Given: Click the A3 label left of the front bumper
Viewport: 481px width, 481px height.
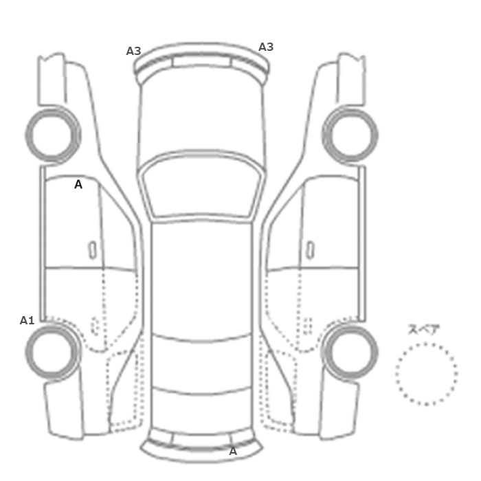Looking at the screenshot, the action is (133, 51).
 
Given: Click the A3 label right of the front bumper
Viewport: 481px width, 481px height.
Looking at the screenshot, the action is (266, 47).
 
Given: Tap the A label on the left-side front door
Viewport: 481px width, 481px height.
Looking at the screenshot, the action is (78, 184).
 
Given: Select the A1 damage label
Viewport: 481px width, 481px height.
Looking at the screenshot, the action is (27, 320).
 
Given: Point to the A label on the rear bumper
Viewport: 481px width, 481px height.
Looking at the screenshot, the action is (233, 451).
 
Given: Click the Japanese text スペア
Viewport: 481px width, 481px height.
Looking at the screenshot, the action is (424, 329).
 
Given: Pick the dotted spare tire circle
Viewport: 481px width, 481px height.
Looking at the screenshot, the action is (426, 344).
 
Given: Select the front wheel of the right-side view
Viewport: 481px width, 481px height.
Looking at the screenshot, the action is (376, 135).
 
